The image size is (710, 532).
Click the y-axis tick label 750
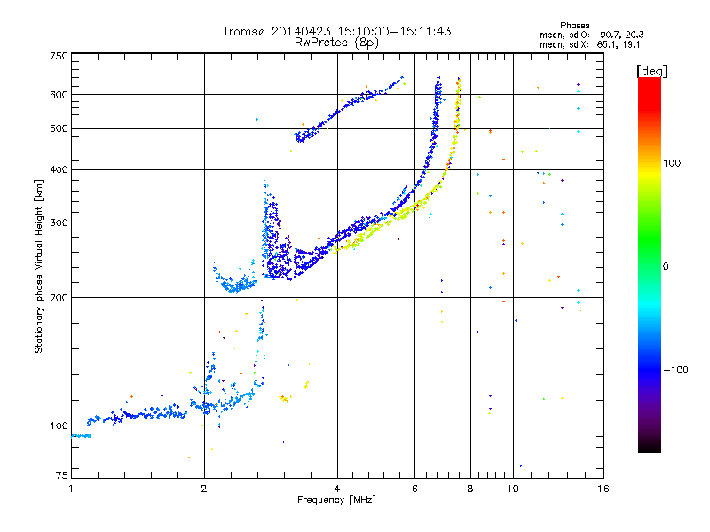(59, 56)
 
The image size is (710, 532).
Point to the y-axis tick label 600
(59, 94)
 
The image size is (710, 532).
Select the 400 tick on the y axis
(59, 169)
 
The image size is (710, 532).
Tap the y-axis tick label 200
(59, 297)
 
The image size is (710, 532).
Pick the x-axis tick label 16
(603, 489)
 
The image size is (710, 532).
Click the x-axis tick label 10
(512, 489)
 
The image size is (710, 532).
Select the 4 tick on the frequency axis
(337, 489)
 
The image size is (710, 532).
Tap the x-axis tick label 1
(71, 489)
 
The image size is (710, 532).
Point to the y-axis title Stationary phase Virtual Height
(39, 267)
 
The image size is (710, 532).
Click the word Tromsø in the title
(243, 31)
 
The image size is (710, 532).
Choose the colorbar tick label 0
(667, 266)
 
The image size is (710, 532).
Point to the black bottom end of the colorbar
(649, 448)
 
